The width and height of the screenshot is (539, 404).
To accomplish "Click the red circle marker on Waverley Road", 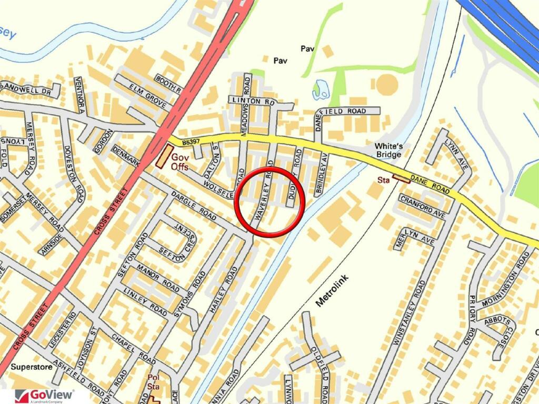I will tap(269, 203).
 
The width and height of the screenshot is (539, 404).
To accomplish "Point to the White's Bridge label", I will tap(388, 150).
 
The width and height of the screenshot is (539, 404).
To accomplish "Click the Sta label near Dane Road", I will tap(383, 180).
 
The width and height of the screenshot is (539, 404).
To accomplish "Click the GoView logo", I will tap(45, 396).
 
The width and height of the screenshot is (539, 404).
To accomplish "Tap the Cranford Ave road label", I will tap(423, 207).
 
